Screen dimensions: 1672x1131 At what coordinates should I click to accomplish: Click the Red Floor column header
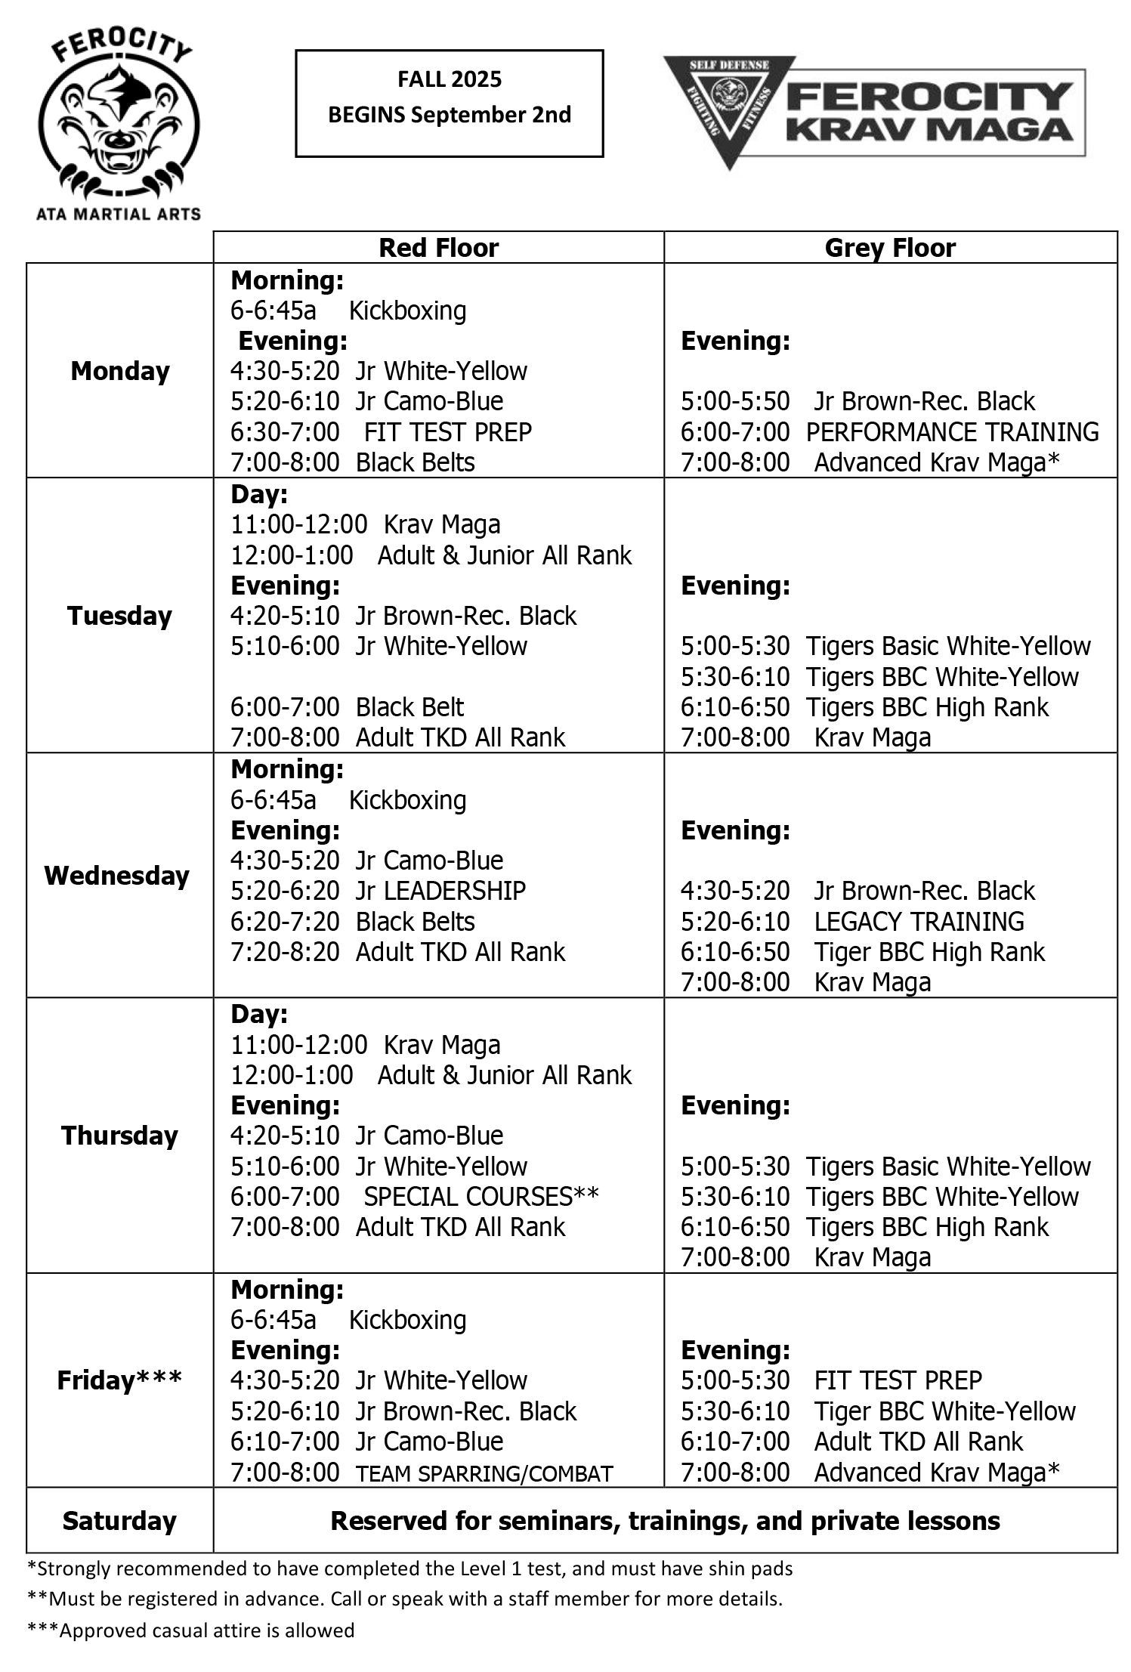tap(438, 248)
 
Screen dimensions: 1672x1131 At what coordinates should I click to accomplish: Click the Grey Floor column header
tap(889, 248)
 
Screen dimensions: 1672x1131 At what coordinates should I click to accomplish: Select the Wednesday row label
tap(117, 875)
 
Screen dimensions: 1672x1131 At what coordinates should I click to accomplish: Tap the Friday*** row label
tap(119, 1380)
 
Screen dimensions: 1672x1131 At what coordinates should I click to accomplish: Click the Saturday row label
tap(119, 1520)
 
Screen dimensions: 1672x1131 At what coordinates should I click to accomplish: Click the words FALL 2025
tap(450, 79)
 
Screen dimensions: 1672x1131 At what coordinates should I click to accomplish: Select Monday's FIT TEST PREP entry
tap(447, 431)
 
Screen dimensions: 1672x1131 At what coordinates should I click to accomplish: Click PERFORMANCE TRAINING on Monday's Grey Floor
tap(952, 431)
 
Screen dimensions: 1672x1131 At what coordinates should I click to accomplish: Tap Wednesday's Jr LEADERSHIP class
tap(440, 890)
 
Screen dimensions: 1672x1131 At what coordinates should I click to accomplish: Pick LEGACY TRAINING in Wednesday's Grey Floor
tap(919, 921)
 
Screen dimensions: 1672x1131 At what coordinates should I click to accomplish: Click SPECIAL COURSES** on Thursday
tap(481, 1196)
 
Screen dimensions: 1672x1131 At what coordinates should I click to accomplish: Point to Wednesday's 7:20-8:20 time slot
tap(285, 951)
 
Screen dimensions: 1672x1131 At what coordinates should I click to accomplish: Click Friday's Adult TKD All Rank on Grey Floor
tap(918, 1441)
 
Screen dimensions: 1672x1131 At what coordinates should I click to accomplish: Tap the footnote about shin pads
tap(410, 1568)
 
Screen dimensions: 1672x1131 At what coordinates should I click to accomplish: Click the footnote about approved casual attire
tap(191, 1630)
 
